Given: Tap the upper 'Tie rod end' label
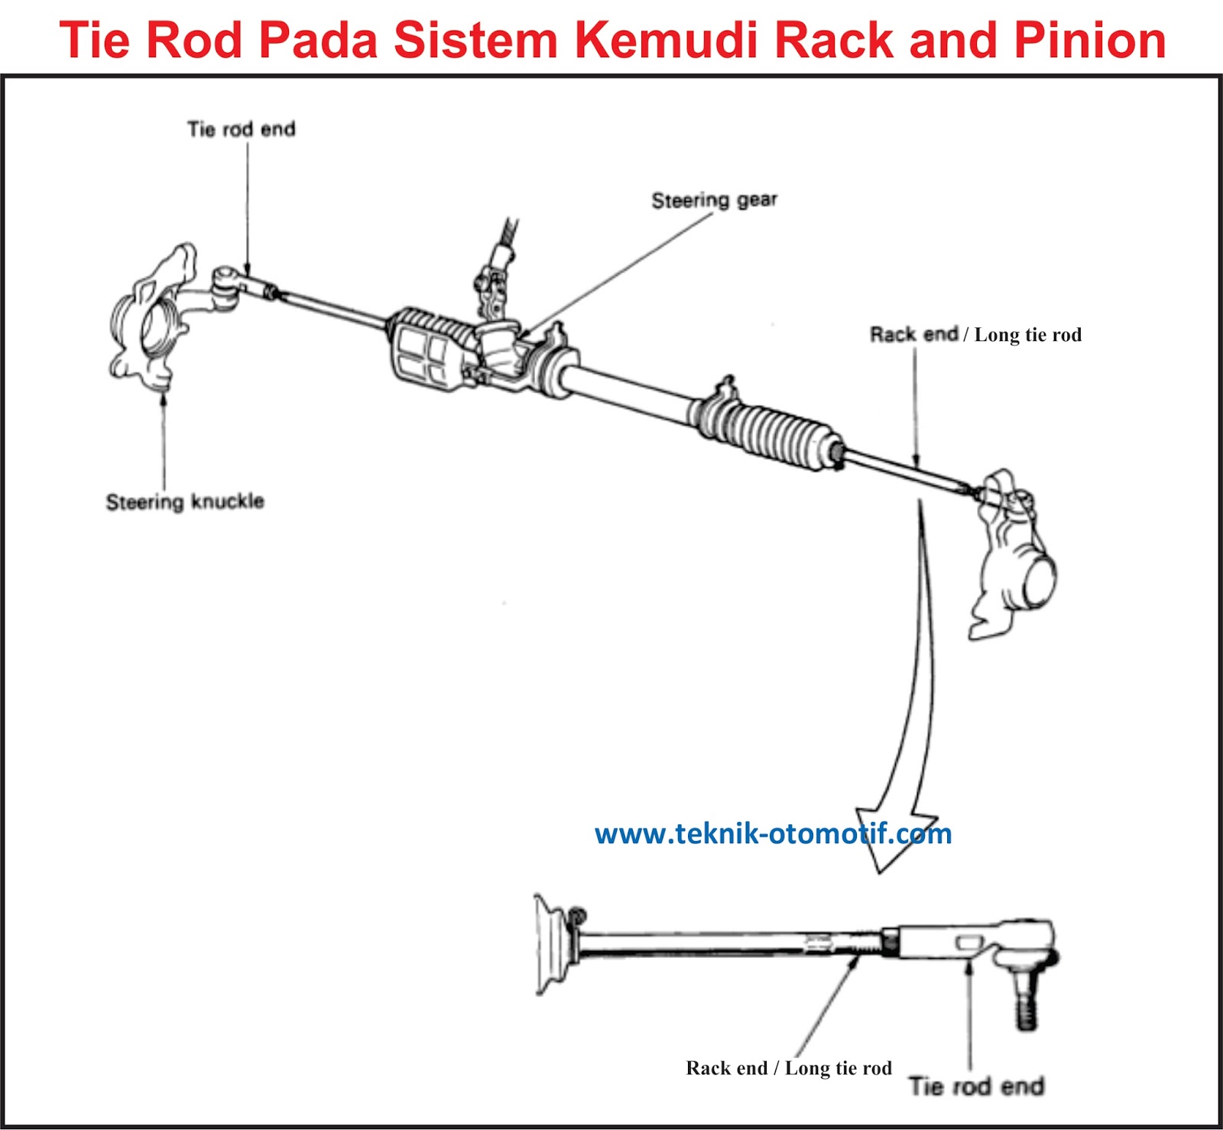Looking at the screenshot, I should tap(241, 129).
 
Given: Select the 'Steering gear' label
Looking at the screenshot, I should tap(714, 200).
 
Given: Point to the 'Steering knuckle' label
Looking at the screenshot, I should tap(185, 502).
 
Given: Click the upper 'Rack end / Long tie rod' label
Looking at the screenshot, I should tap(975, 335).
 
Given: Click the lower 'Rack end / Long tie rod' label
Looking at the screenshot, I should tap(788, 1068).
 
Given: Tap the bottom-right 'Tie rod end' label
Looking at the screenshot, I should tap(976, 1086).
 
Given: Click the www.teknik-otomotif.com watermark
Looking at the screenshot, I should tap(773, 833).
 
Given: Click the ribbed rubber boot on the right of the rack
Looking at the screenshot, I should tap(772, 432).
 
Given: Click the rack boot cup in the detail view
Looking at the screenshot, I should tap(552, 945).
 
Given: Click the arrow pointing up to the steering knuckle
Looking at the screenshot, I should tap(164, 398).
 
